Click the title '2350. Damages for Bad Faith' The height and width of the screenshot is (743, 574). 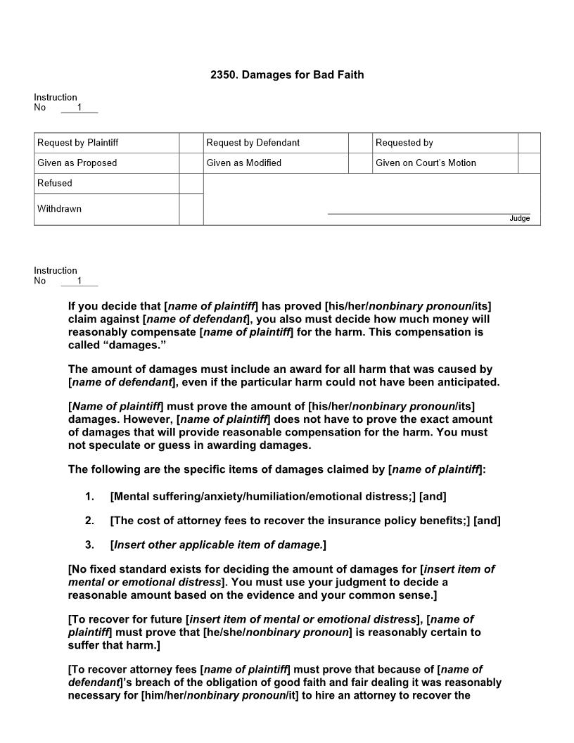coord(287,75)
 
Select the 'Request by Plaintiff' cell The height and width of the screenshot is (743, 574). coord(77,143)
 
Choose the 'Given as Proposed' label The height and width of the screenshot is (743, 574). coord(77,163)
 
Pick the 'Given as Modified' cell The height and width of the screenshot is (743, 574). coord(243,163)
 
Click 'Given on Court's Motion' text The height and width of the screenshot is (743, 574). coord(426,163)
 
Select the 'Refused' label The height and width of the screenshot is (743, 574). coord(54,184)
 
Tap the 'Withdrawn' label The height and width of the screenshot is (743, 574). coord(59,209)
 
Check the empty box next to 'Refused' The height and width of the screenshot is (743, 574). coord(191,184)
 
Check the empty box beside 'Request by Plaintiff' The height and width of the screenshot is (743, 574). coord(191,143)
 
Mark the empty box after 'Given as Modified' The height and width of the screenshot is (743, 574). coord(359,163)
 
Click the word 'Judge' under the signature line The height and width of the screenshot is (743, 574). coord(519,219)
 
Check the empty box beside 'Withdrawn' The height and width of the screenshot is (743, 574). coord(191,210)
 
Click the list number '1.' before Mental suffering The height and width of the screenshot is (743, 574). coord(89,497)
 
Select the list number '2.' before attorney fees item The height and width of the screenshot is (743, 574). coord(89,521)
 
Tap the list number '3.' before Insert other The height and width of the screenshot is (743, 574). coord(89,545)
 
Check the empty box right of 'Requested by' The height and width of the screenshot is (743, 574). coord(529,143)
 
